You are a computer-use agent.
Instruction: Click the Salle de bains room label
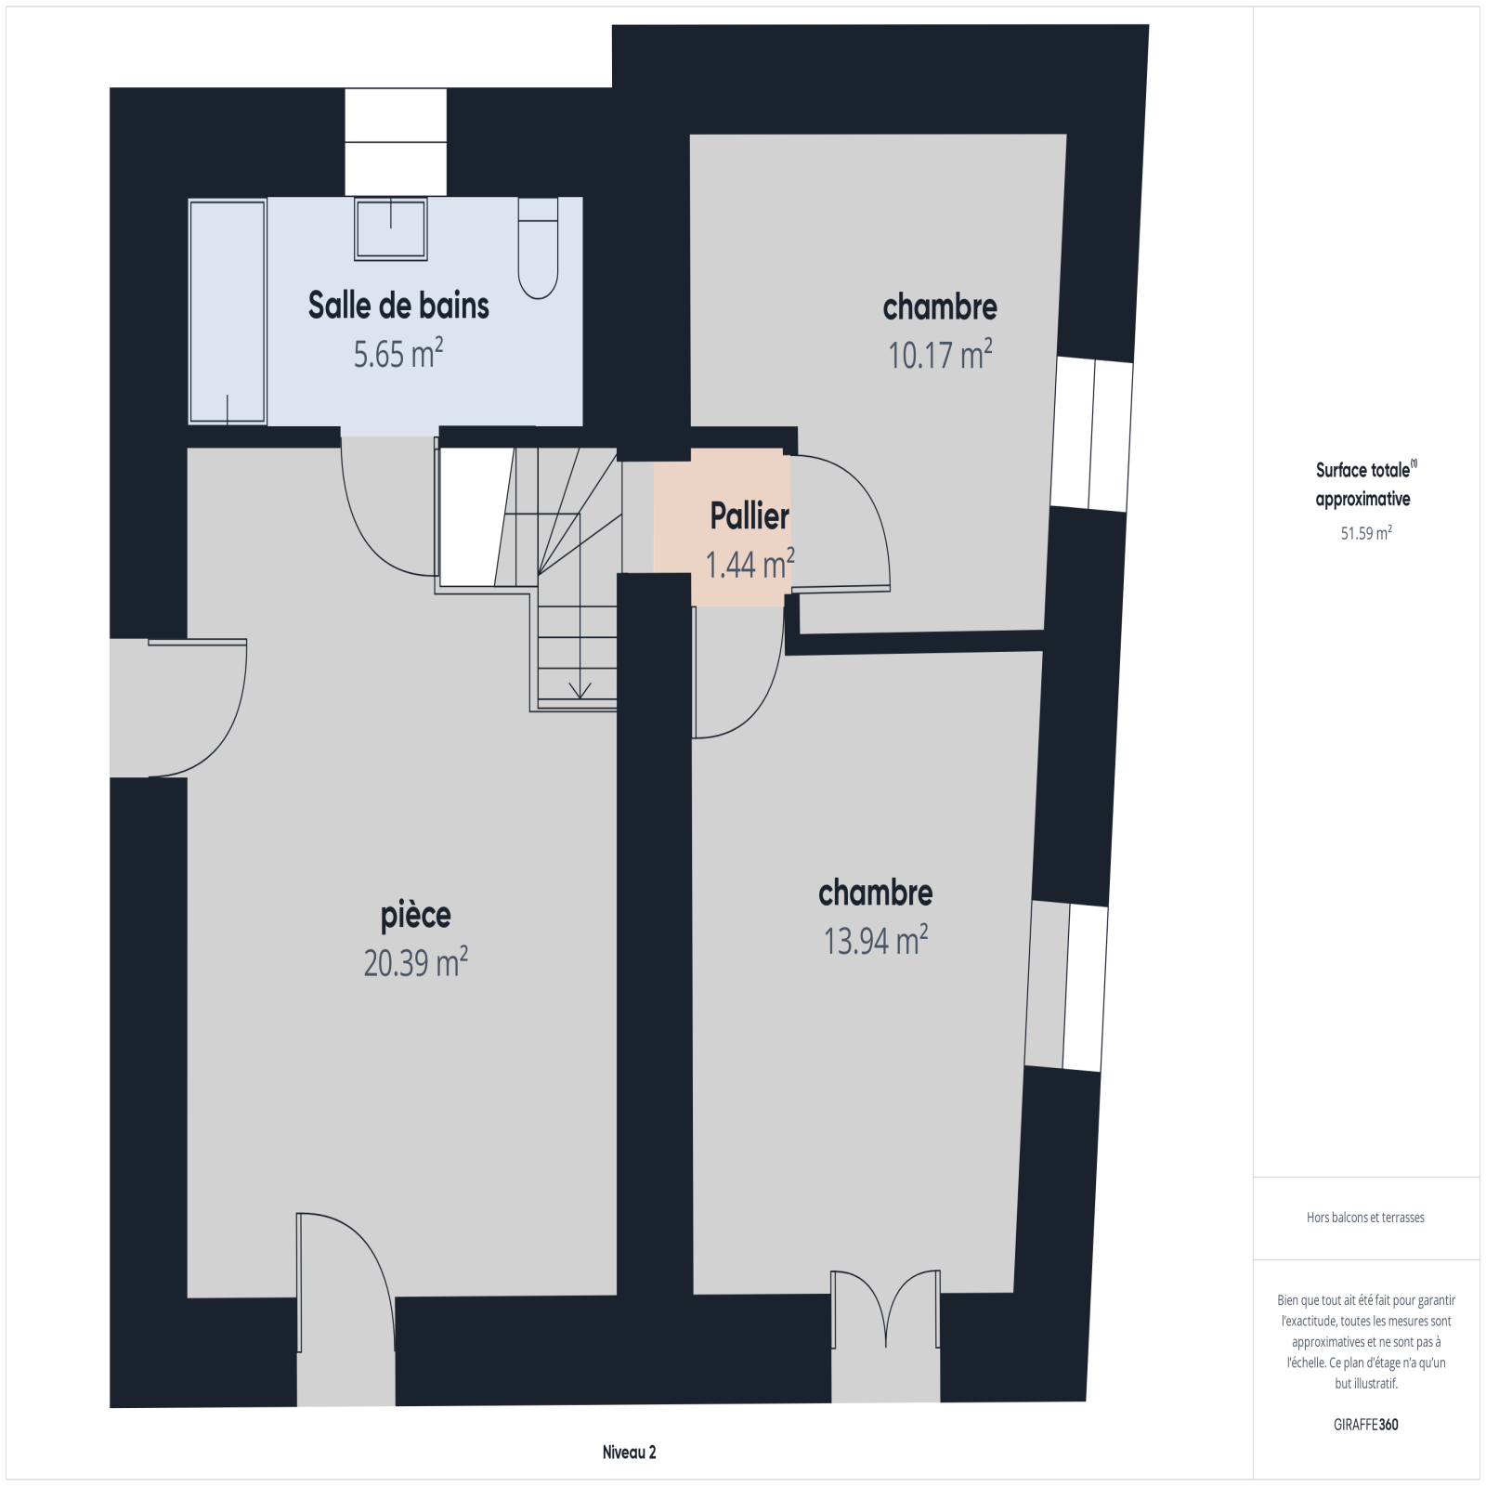coord(398,306)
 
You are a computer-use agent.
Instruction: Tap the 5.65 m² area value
coord(398,354)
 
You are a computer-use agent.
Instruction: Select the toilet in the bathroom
coord(538,248)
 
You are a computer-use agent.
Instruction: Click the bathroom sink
coord(391,228)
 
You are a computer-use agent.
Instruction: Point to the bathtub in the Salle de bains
coord(228,311)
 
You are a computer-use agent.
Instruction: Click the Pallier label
coord(750,516)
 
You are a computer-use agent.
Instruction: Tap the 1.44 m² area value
coord(750,564)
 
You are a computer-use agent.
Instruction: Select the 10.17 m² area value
coord(941,354)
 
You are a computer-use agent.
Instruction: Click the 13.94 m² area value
coord(876,941)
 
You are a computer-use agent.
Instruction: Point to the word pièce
coord(416,916)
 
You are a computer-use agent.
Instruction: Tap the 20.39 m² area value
coord(415,963)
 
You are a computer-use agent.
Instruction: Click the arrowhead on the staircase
coord(580,690)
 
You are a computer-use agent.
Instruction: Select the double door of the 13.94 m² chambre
coord(885,1309)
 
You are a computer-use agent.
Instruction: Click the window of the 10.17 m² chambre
coord(1091,435)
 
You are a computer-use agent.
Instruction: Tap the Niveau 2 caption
coord(630,1453)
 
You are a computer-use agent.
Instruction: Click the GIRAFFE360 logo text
coord(1365,1425)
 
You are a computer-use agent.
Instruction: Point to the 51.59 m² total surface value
coord(1365,533)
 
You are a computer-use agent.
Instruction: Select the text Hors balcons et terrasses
coord(1365,1218)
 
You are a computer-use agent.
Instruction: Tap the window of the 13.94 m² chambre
coord(1066,986)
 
